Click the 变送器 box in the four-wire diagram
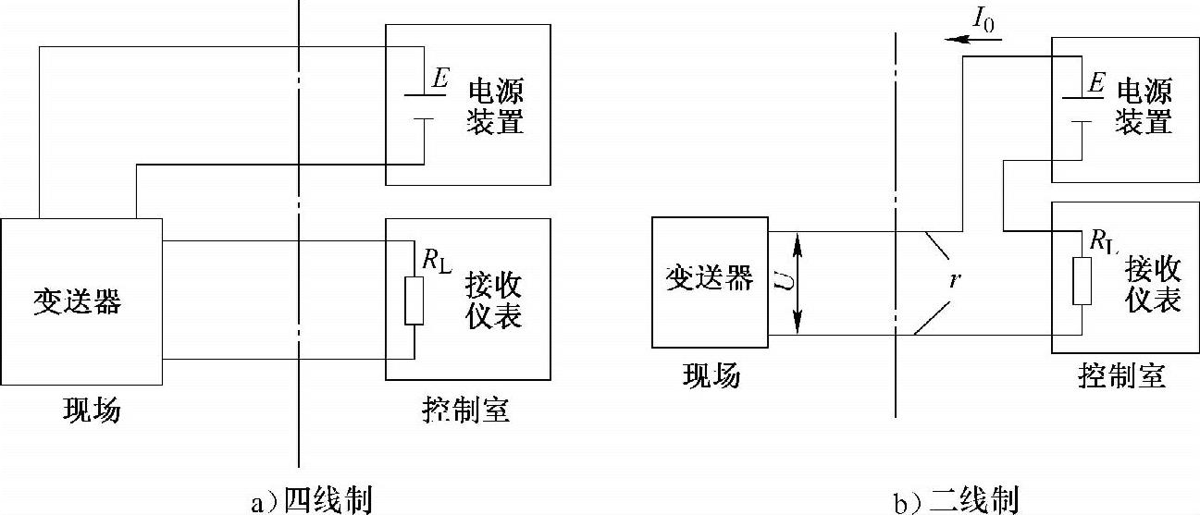(x=81, y=301)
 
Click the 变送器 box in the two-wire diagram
(x=710, y=282)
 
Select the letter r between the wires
(x=952, y=279)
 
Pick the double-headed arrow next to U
(x=798, y=283)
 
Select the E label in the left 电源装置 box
(x=440, y=80)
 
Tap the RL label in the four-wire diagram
(x=436, y=261)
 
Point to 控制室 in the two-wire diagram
(x=1122, y=376)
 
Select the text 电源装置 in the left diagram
(x=497, y=105)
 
